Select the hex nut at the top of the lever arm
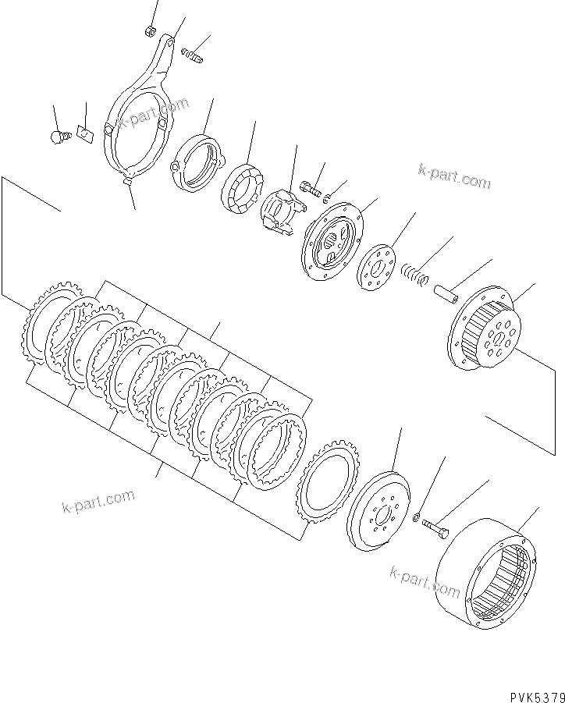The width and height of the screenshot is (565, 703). [x=151, y=31]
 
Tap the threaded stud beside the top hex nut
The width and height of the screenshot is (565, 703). [x=192, y=55]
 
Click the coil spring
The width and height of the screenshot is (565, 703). [x=416, y=274]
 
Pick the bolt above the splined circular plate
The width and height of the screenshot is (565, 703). [x=310, y=187]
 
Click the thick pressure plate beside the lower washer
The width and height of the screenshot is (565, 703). [x=382, y=511]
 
